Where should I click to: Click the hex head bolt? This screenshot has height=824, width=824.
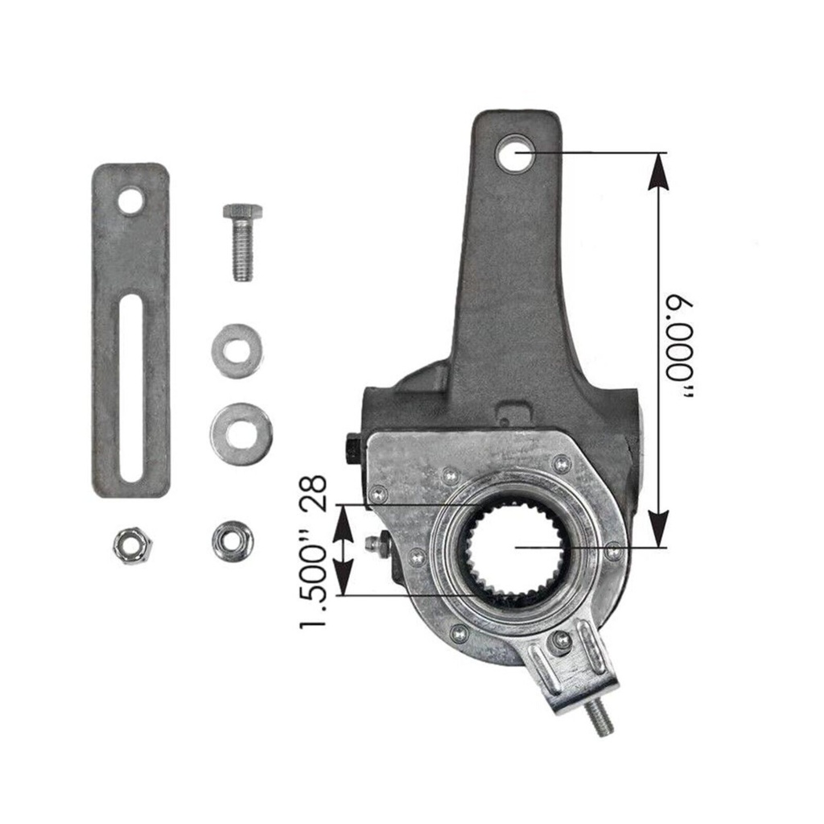point(242,242)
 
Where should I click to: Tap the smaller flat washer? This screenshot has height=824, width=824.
point(237,350)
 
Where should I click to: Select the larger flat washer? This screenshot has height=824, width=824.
point(241,435)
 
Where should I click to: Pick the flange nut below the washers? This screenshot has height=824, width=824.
point(233,540)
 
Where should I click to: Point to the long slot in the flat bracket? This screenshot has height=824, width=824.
point(130,388)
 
